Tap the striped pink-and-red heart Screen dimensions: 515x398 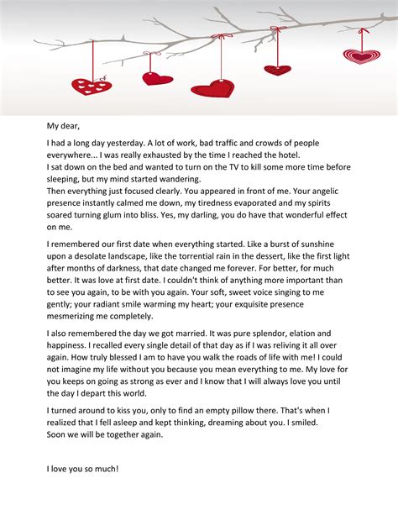pyautogui.click(x=362, y=56)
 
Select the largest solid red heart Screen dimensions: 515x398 pyautogui.click(x=212, y=87)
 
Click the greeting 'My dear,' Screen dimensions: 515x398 pyautogui.click(x=64, y=126)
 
